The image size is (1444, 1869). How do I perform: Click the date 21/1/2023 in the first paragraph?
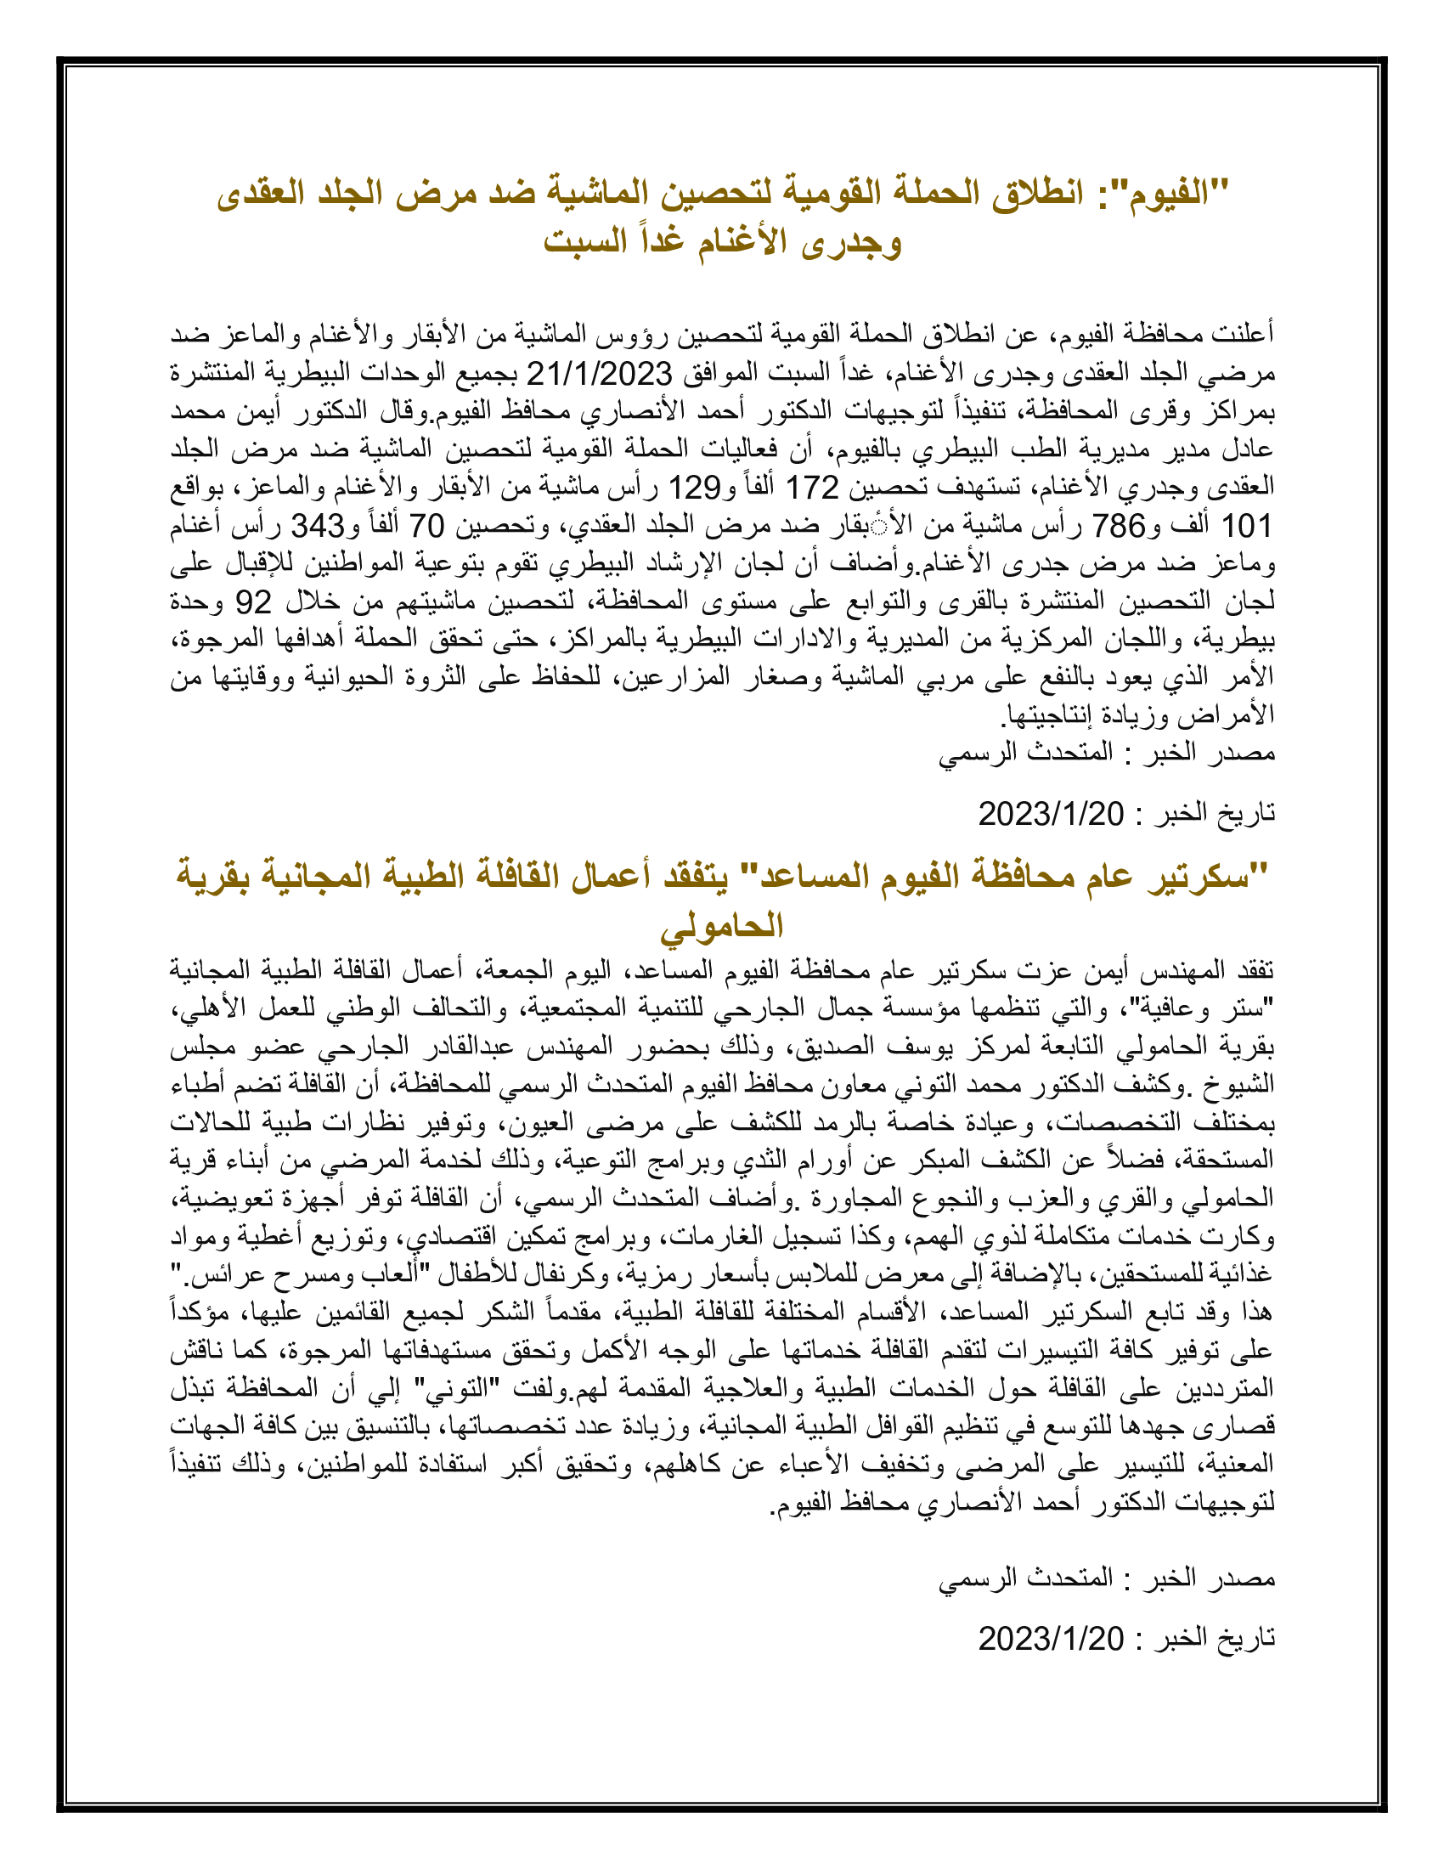pos(599,374)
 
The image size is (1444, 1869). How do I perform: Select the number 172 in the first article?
pos(811,488)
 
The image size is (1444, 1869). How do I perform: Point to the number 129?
pos(694,488)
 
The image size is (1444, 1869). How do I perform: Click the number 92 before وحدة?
pos(253,602)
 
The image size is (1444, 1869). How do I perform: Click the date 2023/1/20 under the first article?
pos(1051,814)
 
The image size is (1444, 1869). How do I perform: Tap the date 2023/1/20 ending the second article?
pos(1051,1639)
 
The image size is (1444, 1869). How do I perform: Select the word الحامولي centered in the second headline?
pos(721,926)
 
